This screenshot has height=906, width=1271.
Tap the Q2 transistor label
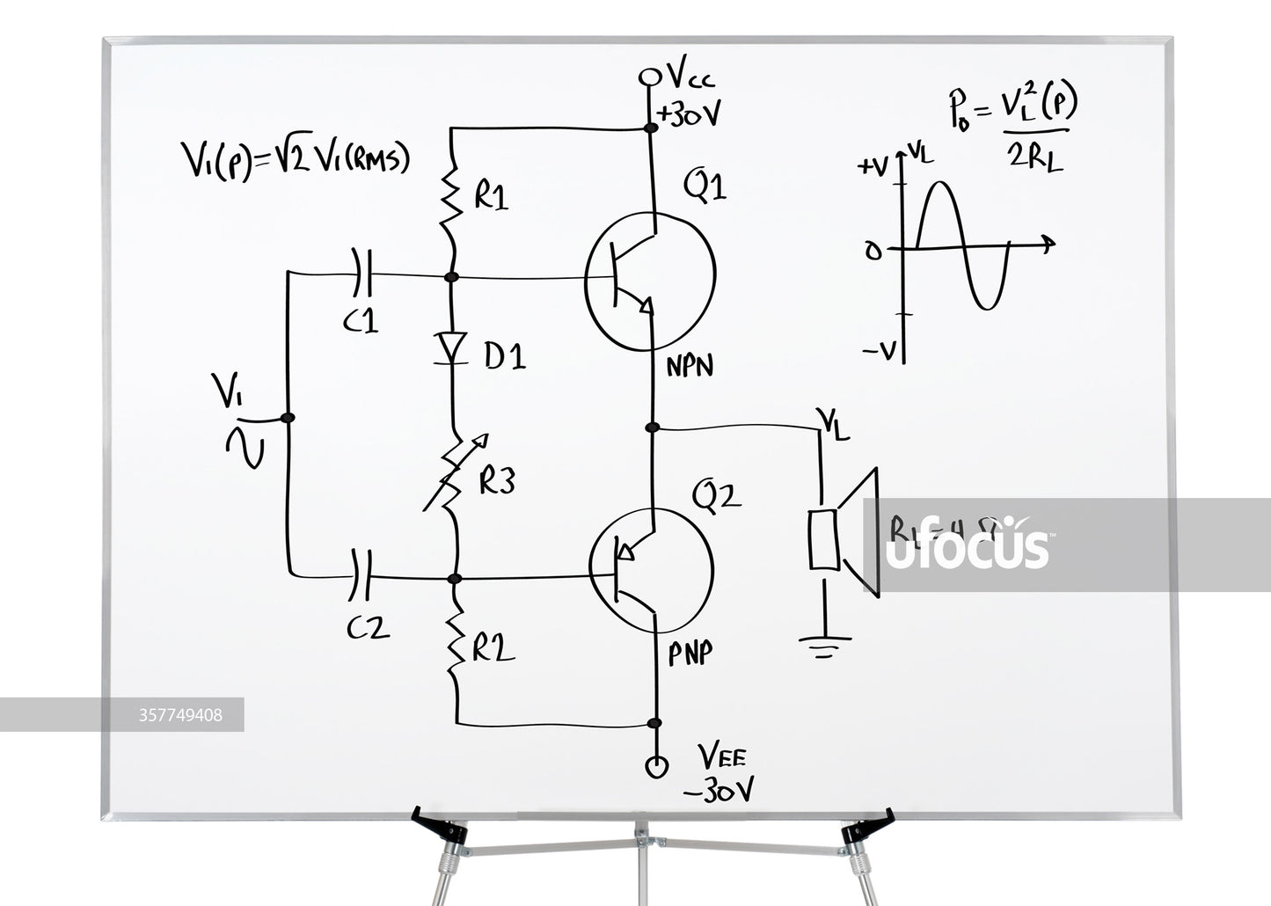(716, 498)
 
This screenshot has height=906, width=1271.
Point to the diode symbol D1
(453, 347)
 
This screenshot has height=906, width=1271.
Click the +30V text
(690, 113)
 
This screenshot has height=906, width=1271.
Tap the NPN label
(689, 366)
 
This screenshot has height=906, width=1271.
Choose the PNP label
(690, 654)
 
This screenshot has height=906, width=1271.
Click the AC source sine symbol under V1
(246, 446)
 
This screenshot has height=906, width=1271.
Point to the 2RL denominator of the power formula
(1034, 157)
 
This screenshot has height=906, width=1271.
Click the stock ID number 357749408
(180, 715)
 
